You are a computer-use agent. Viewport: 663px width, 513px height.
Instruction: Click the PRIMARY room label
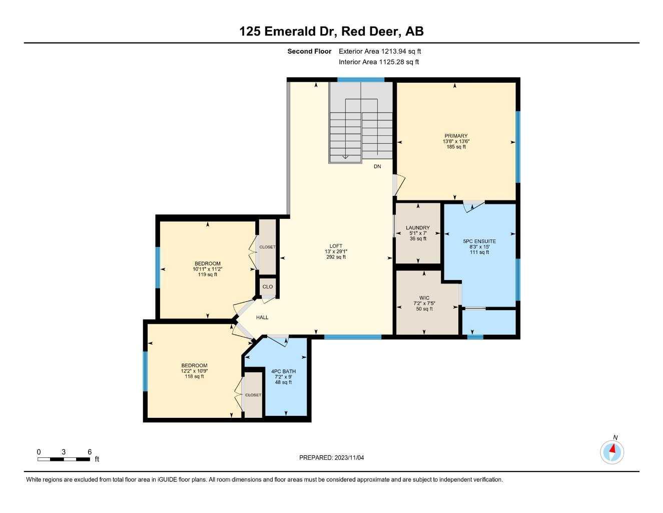455,136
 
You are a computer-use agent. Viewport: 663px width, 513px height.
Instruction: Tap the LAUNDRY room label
418,228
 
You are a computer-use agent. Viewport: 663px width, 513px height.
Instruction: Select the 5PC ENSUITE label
479,241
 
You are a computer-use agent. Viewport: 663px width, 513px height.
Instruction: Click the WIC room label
424,298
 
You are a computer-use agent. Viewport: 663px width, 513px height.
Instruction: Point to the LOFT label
336,246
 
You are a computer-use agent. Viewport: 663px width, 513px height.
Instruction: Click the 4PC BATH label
283,371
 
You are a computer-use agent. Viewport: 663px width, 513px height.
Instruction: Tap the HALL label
262,317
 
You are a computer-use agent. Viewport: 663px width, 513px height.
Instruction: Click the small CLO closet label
268,287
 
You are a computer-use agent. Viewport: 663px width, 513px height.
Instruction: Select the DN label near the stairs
377,166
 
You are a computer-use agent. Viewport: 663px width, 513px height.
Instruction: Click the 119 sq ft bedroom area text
208,275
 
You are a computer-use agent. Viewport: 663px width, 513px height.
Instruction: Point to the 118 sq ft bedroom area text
194,376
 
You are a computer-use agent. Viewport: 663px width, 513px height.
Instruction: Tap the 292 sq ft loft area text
336,257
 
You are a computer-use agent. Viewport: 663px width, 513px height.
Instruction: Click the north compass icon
612,452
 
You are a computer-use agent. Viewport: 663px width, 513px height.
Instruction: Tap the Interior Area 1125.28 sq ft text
378,62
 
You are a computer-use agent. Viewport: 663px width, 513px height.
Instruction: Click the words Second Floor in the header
309,51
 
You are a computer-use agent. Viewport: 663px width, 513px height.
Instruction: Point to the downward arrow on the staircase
345,156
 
